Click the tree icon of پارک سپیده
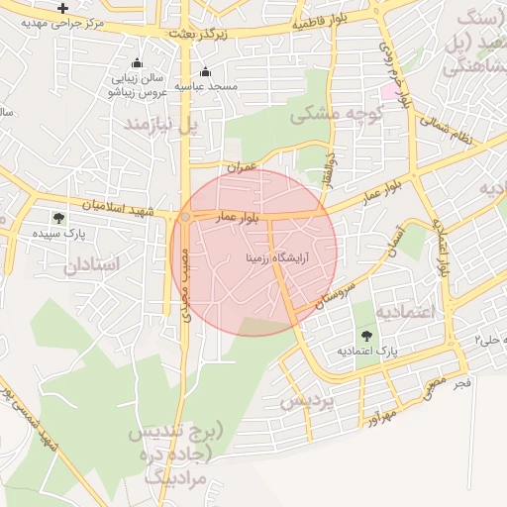tap(58, 218)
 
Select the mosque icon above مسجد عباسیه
tap(205, 71)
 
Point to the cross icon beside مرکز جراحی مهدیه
tap(62, 8)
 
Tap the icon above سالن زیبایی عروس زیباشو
tap(137, 63)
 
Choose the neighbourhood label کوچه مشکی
tap(328, 115)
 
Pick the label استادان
tap(92, 265)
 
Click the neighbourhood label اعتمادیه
tap(406, 312)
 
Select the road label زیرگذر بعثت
tap(198, 34)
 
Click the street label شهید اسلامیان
tap(118, 206)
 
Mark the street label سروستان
tap(334, 292)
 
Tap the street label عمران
tap(240, 167)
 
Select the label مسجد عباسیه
tap(208, 87)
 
